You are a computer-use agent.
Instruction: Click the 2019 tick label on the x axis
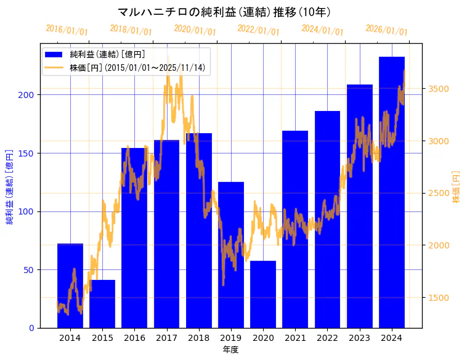click(231, 338)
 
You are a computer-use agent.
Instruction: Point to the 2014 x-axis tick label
click(70, 338)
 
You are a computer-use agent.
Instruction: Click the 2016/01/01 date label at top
click(67, 30)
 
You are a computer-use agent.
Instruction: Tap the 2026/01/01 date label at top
click(386, 30)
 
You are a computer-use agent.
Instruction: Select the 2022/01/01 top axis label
click(258, 30)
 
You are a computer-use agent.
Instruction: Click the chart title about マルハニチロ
click(224, 12)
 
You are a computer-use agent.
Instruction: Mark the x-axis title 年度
click(231, 350)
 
